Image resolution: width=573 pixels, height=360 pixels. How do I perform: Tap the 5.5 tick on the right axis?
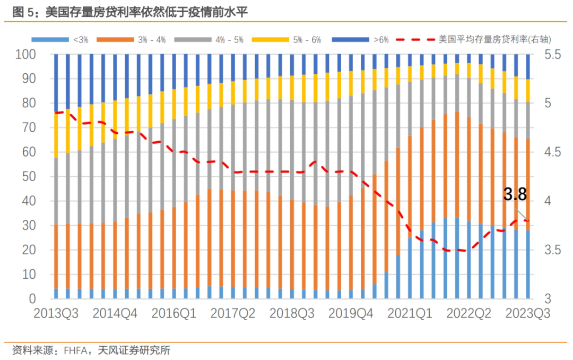pyautogui.click(x=550, y=54)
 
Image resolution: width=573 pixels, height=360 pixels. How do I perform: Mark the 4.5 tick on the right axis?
pyautogui.click(x=550, y=152)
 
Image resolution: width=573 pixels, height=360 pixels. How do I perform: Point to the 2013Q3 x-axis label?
pyautogui.click(x=56, y=313)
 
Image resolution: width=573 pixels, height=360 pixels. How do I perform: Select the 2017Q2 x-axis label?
pyautogui.click(x=232, y=313)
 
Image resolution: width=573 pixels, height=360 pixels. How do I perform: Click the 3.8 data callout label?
pyautogui.click(x=515, y=195)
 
